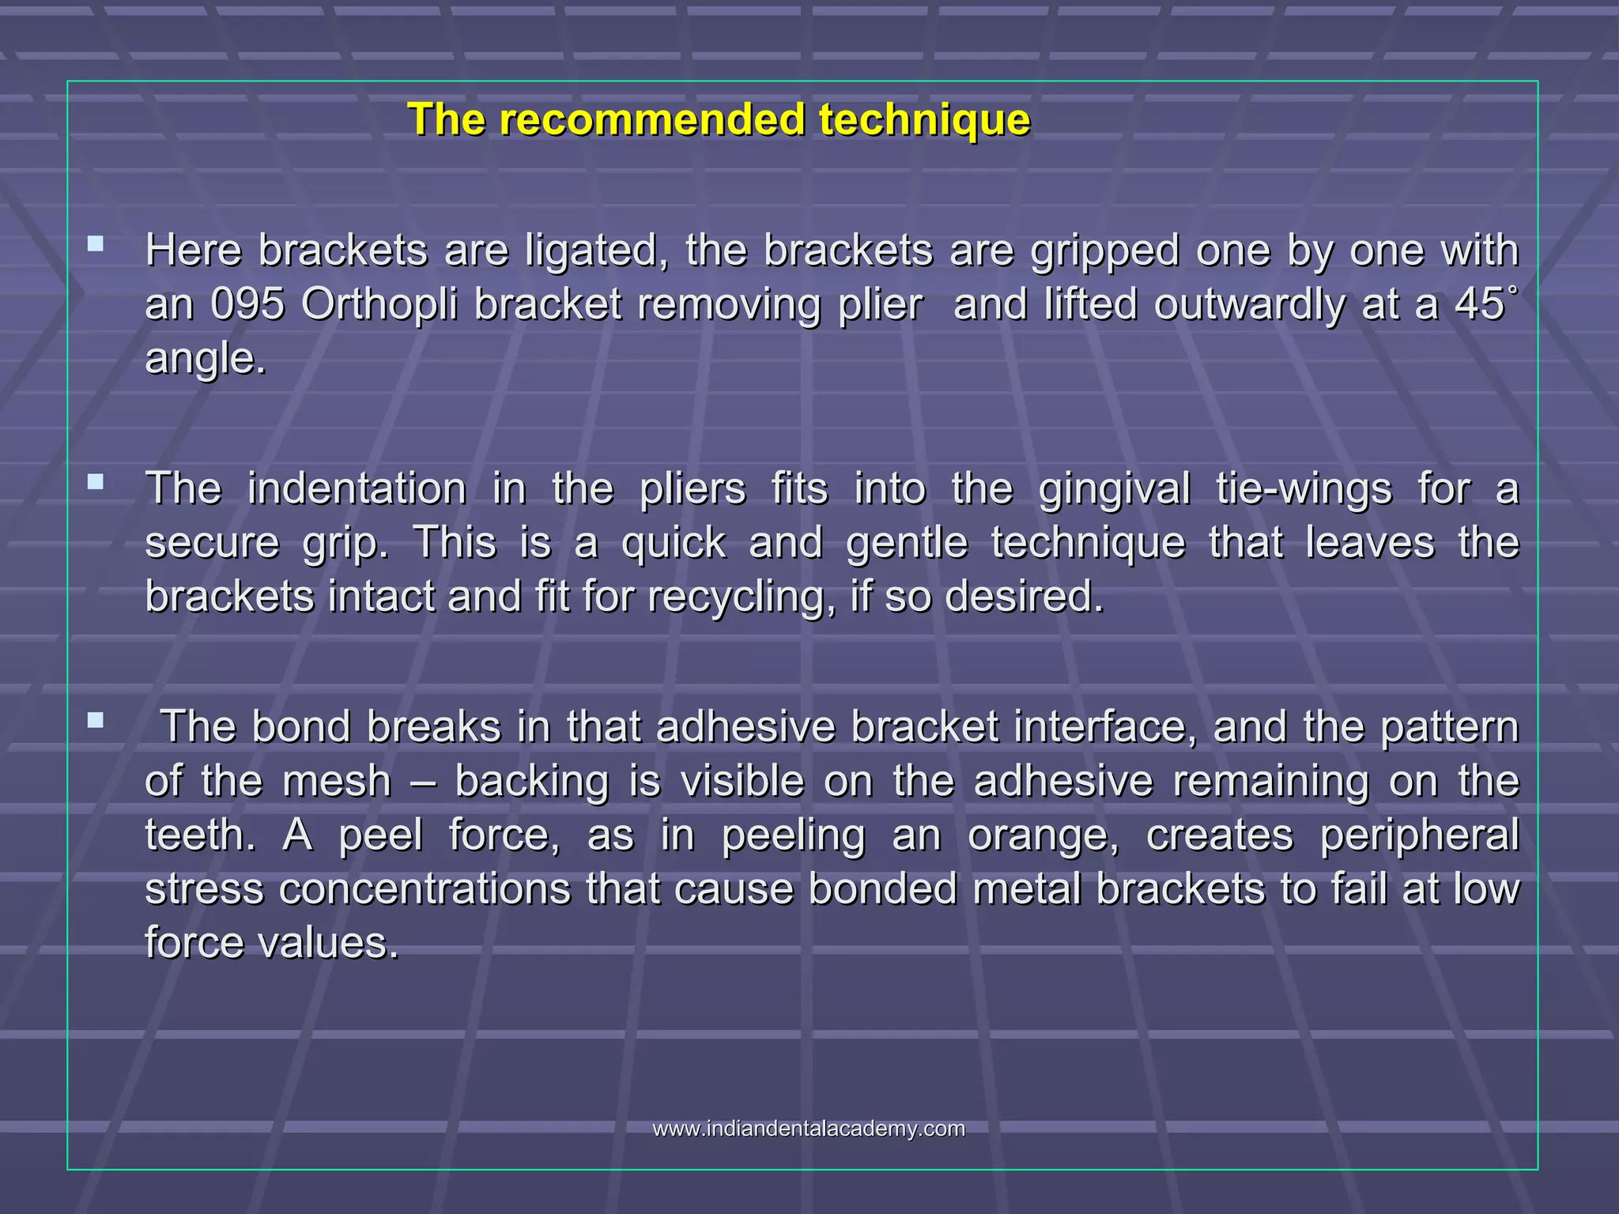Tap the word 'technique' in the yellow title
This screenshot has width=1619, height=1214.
tap(924, 120)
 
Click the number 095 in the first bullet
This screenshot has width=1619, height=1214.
tap(247, 304)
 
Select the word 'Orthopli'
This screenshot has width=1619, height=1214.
tap(379, 304)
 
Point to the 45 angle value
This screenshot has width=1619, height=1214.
tap(1478, 304)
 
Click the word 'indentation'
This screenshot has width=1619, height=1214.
tap(357, 488)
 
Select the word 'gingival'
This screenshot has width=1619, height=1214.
tap(1115, 488)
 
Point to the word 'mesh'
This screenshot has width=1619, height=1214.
tap(337, 781)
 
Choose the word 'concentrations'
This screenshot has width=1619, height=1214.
tap(425, 889)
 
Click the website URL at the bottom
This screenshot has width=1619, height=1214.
tap(809, 1129)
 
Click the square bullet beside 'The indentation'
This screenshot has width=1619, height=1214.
tap(96, 481)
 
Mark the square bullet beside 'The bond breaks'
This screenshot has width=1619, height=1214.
tap(96, 720)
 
